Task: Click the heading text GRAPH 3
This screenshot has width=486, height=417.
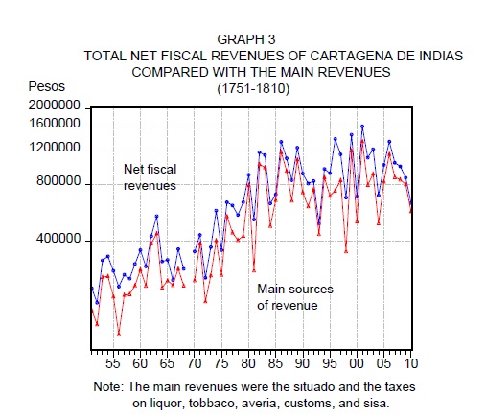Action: pos(246,39)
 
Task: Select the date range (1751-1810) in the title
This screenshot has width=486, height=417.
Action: pos(253,88)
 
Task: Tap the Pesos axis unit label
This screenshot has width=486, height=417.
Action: pos(47,86)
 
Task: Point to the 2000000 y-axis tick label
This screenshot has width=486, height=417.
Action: pos(55,105)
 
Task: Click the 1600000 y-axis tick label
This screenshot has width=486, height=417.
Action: pos(55,124)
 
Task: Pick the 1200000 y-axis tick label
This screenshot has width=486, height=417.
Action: pos(55,148)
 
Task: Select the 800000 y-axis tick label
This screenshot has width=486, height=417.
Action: pos(58,181)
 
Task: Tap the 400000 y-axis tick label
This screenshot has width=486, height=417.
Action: pos(58,239)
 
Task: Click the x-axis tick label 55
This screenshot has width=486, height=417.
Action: pos(113,363)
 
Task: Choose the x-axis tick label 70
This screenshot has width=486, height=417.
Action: pos(194,363)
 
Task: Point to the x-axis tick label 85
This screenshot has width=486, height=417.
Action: pos(275,363)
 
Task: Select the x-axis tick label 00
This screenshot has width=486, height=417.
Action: pos(357,363)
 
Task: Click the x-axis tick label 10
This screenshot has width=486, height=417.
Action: pos(411,363)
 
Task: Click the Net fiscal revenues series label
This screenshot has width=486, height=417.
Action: pos(150,177)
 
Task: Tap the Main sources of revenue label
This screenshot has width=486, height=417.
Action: pos(295,297)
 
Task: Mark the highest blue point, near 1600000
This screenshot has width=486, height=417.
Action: pos(362,127)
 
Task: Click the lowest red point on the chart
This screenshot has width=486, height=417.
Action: pos(119,335)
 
